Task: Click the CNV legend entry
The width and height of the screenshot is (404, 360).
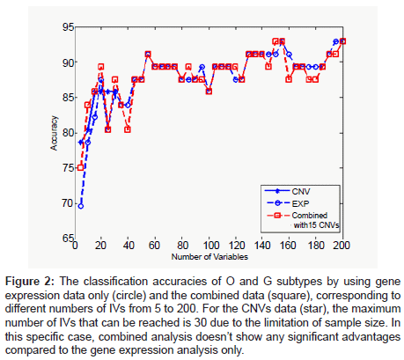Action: (x=301, y=192)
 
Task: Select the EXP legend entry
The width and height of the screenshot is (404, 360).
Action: (x=300, y=203)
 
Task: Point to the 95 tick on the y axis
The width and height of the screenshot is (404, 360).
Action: (x=68, y=27)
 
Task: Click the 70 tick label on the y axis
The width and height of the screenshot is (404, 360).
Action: (x=68, y=203)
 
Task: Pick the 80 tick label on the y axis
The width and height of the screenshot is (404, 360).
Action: (x=68, y=133)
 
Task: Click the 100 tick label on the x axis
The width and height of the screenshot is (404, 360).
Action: (x=210, y=246)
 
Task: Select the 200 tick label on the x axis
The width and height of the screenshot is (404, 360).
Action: (x=342, y=246)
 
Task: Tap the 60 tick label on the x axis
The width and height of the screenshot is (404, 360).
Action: (x=154, y=246)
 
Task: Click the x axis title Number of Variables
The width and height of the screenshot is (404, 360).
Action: (x=209, y=257)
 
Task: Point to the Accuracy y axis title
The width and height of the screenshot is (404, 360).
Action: (x=54, y=133)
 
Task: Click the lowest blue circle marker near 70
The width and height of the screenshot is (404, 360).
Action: (x=81, y=206)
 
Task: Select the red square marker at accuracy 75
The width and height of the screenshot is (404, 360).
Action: (x=81, y=167)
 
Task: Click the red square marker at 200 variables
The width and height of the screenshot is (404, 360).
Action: (x=342, y=41)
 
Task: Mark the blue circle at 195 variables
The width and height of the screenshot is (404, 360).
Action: (x=336, y=41)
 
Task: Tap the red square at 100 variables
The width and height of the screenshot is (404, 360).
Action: (x=209, y=92)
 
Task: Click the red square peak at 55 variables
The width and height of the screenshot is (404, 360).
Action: (x=148, y=55)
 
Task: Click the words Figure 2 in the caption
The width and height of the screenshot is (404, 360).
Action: (x=30, y=282)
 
